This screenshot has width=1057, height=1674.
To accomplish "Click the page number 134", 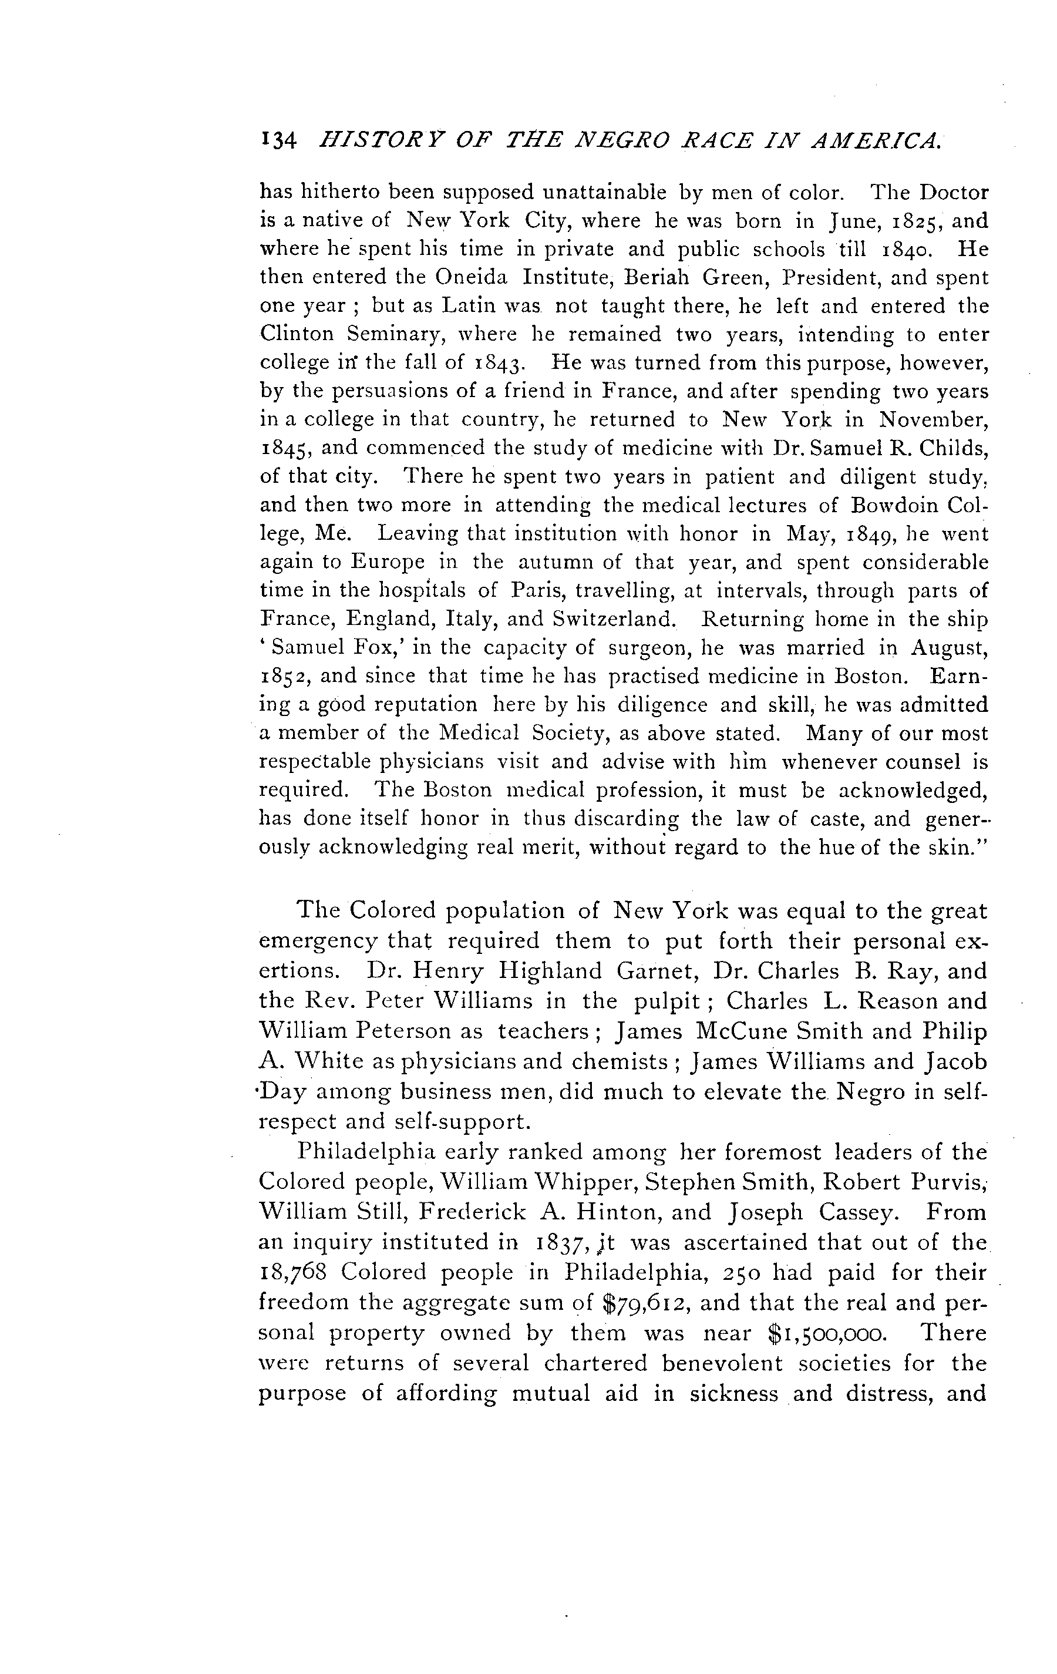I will (x=278, y=141).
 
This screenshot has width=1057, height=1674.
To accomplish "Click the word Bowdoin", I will (x=898, y=505).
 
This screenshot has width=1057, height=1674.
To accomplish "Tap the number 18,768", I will (x=292, y=1272).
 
